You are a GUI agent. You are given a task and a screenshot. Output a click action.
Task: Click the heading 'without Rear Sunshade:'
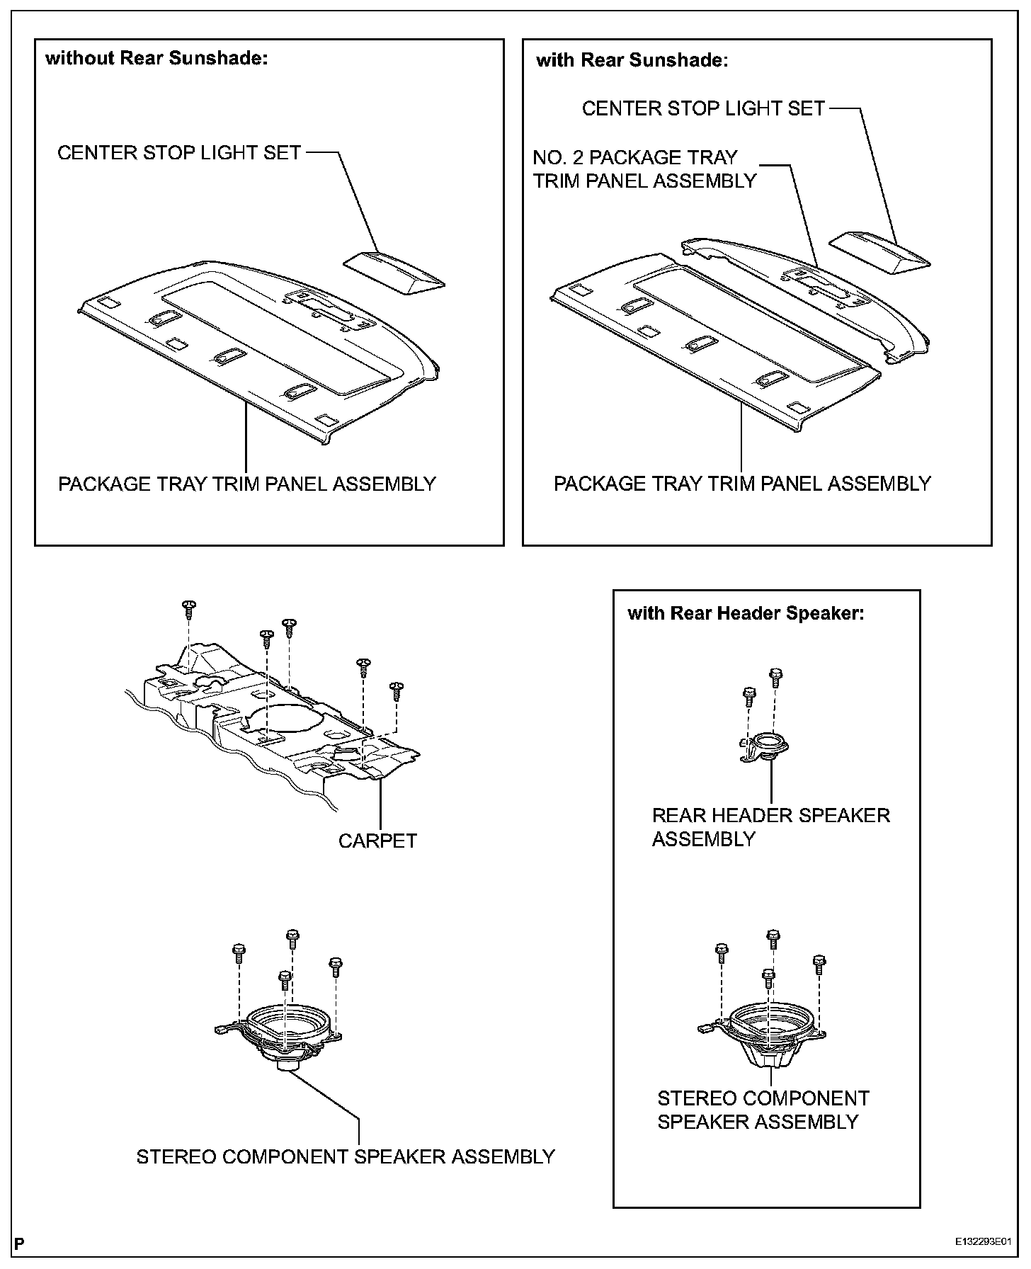[x=156, y=58]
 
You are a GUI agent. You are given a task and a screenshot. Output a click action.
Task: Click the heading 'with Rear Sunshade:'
[x=632, y=60]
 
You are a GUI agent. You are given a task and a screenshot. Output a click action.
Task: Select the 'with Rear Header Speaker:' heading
[x=746, y=613]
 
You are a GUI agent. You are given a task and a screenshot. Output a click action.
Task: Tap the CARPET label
[x=377, y=841]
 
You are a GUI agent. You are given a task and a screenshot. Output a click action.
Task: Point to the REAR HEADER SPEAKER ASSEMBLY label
[x=770, y=826]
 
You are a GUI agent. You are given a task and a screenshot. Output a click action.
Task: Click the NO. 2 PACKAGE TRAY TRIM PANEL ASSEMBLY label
[x=644, y=169]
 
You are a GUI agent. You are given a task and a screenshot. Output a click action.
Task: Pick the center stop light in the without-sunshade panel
[x=394, y=273]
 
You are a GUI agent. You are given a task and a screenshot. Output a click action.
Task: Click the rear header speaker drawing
[x=766, y=747]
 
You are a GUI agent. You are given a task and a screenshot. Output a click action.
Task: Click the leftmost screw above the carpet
[x=189, y=608]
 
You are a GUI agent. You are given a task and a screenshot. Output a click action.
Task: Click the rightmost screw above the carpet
[x=397, y=688]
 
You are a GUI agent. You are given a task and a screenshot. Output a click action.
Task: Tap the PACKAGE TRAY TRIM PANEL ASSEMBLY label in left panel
[x=246, y=484]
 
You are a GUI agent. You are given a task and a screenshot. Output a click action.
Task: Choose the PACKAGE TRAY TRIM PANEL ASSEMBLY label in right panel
[x=741, y=484]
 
